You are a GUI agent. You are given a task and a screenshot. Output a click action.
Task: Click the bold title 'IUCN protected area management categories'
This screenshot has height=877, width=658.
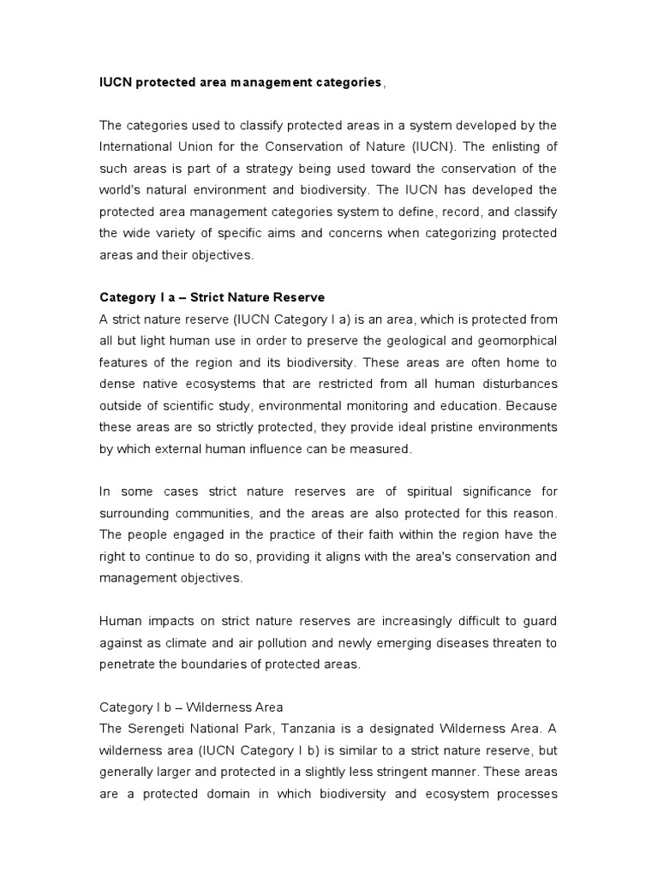pos(241,82)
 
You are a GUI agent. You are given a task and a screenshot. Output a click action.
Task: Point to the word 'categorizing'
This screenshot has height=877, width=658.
pos(458,233)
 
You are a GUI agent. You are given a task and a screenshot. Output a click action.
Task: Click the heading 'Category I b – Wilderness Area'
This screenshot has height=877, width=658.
pos(191,707)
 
